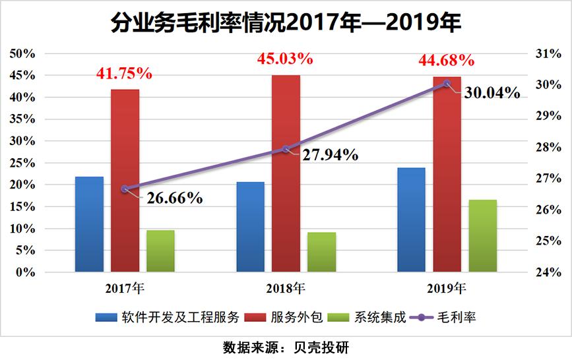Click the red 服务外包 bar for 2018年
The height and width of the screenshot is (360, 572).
click(x=286, y=173)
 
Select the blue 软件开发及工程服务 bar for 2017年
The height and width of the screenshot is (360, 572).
click(x=89, y=224)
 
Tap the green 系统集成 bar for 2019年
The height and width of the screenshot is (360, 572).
click(x=482, y=235)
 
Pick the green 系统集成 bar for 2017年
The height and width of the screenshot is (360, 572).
click(x=160, y=251)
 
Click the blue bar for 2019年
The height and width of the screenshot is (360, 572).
click(x=411, y=220)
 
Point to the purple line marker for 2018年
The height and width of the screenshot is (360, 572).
click(x=286, y=149)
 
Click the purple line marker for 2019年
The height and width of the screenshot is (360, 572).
click(x=447, y=83)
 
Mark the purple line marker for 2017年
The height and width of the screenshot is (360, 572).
click(x=125, y=189)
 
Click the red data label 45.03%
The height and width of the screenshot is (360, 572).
click(x=285, y=59)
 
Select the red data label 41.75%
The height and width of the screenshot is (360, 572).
click(x=124, y=74)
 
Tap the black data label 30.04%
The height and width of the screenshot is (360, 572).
click(x=492, y=93)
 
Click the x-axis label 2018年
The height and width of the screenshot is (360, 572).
click(x=286, y=288)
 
